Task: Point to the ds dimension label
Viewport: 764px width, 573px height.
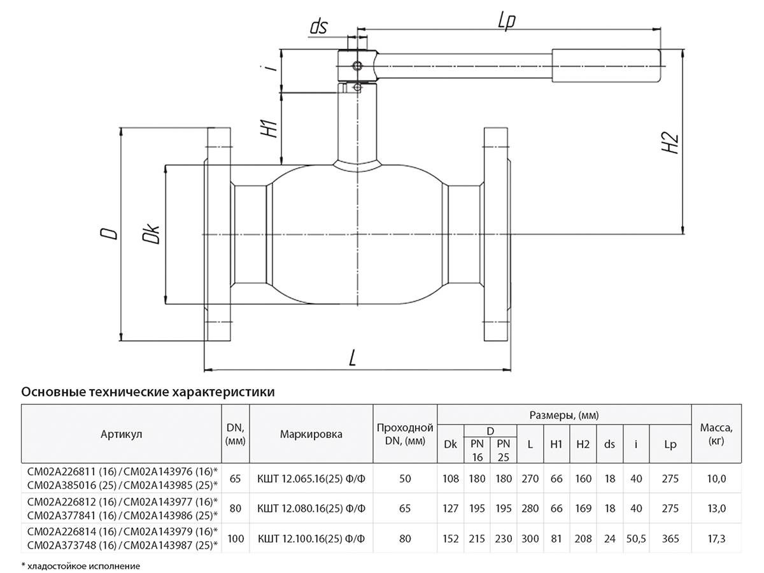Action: (x=318, y=26)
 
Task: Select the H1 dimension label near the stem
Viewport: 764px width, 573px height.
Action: (x=271, y=127)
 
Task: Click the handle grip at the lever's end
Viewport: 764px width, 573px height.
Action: (x=606, y=66)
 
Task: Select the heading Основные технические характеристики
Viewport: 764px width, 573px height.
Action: (x=148, y=392)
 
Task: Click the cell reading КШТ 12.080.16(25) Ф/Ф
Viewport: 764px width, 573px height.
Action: (x=311, y=509)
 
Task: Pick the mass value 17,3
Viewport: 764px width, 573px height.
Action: (x=716, y=539)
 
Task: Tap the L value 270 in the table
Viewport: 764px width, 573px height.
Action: (x=530, y=479)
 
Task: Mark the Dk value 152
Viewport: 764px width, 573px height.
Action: (x=451, y=539)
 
